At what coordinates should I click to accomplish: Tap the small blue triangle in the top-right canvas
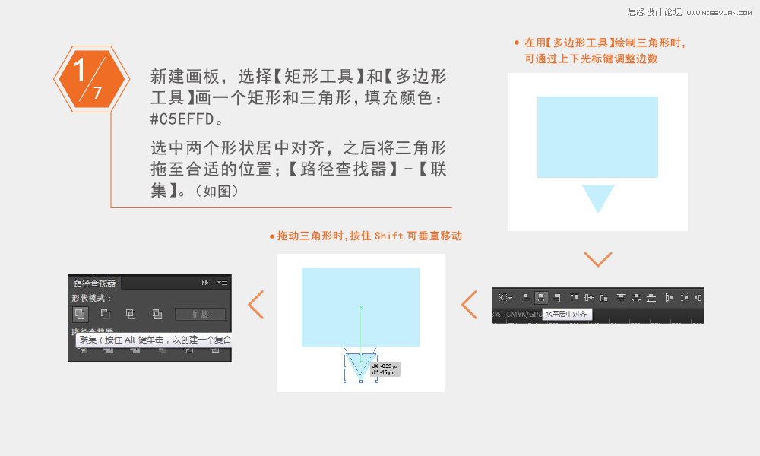click(x=598, y=197)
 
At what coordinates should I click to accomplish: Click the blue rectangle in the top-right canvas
click(x=597, y=137)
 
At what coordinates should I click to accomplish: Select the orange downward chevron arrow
click(x=598, y=259)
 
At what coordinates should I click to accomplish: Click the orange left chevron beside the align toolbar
click(x=469, y=304)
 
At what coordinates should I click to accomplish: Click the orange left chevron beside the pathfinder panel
click(x=256, y=305)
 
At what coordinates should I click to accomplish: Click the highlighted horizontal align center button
click(x=542, y=298)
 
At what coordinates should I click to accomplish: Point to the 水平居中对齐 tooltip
click(x=566, y=313)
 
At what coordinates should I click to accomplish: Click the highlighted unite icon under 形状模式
click(x=80, y=314)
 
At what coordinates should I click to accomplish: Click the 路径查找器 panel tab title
click(x=95, y=282)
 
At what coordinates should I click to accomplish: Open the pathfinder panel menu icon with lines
click(x=222, y=282)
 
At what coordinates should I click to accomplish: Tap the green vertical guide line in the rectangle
click(x=360, y=327)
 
